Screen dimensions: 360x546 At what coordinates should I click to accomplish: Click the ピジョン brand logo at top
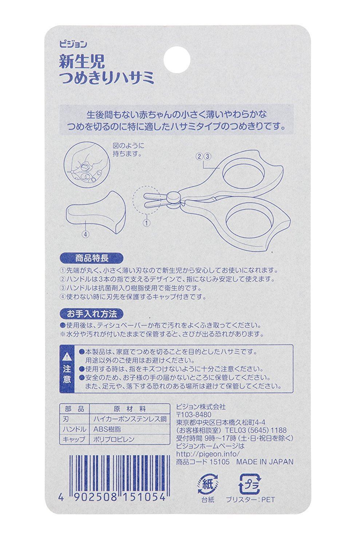(73, 44)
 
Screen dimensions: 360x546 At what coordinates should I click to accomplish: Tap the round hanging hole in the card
(177, 60)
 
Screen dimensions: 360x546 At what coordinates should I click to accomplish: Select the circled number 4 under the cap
(85, 234)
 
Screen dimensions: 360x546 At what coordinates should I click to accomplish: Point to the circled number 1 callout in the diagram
(146, 222)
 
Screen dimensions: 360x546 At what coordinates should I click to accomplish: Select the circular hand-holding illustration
(87, 165)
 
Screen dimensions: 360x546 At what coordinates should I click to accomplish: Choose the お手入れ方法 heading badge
(91, 314)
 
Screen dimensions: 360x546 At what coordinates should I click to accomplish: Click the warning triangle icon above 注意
(67, 357)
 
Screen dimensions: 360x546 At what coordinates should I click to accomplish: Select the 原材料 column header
(130, 409)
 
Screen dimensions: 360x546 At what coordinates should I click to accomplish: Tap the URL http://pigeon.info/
(207, 454)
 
